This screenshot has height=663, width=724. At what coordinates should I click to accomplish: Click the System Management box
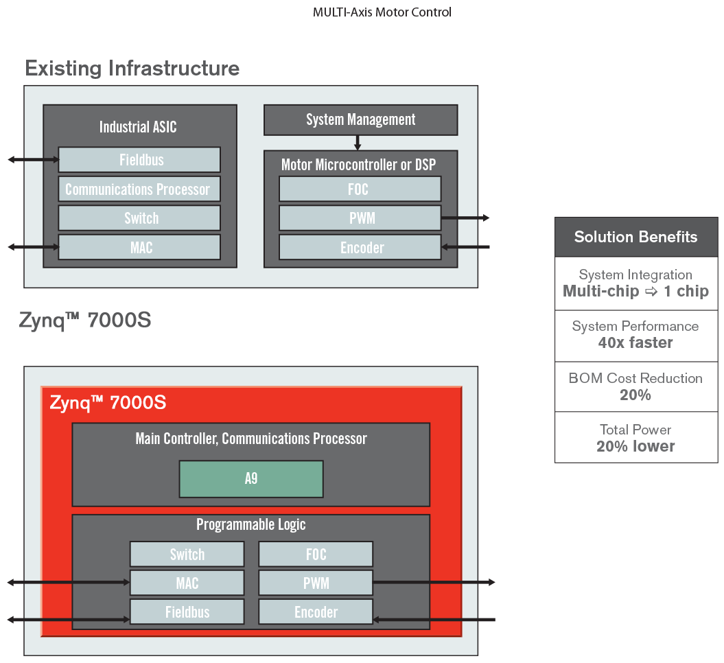(x=360, y=119)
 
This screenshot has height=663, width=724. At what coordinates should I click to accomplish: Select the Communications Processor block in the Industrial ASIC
(x=139, y=189)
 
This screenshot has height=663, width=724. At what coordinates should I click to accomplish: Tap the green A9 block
(x=251, y=478)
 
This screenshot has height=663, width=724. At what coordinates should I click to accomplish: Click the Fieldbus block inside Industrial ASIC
(x=139, y=160)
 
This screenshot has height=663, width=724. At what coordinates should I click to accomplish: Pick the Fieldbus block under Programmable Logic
(x=187, y=612)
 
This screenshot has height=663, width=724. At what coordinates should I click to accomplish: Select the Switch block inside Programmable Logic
(x=187, y=554)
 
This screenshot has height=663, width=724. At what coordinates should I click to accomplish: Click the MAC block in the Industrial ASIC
(x=139, y=247)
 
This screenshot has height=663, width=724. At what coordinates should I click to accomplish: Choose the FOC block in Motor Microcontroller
(x=360, y=189)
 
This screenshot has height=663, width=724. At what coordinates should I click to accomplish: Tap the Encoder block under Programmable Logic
(x=316, y=612)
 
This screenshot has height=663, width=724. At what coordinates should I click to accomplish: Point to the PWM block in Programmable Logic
(x=316, y=583)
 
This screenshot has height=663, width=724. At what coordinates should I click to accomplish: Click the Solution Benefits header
(x=635, y=237)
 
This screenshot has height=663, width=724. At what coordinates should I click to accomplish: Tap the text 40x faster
(x=635, y=342)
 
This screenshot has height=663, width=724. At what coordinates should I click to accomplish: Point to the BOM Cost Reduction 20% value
(x=635, y=395)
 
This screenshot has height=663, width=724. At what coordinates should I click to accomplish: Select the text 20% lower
(x=635, y=446)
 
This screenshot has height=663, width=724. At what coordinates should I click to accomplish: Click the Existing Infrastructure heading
(x=132, y=69)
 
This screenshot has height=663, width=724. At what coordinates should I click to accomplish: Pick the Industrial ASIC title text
(x=138, y=127)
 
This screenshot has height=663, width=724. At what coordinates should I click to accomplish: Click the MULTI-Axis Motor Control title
(x=382, y=12)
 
